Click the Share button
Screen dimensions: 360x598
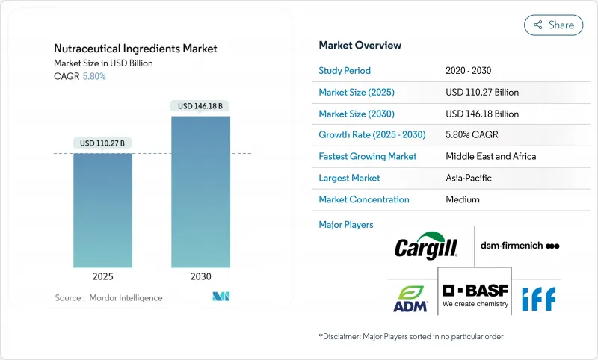coord(553,25)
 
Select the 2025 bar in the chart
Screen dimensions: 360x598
coord(102,210)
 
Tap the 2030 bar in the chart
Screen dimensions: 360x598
coord(200,191)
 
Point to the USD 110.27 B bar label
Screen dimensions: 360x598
coord(102,143)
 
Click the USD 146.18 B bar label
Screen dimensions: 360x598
coord(200,106)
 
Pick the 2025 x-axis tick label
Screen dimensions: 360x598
coord(102,276)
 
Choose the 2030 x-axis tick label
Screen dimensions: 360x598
coord(200,276)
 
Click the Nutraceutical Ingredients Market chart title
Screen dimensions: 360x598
coord(135,49)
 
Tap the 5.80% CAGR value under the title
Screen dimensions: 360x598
coord(93,76)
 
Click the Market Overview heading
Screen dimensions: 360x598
coord(360,45)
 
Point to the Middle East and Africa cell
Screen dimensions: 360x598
coord(490,157)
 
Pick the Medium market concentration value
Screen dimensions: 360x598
coord(463,199)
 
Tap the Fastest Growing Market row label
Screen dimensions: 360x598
coord(367,157)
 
